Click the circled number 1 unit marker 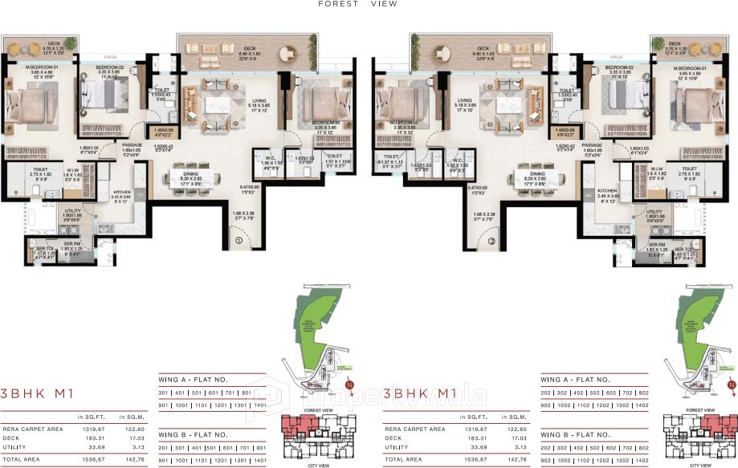(x=238, y=239)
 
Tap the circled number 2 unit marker (x=492, y=239)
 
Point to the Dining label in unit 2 (x=537, y=173)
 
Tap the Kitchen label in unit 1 (x=122, y=193)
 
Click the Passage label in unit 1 (x=133, y=144)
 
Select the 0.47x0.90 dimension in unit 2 (x=477, y=188)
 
